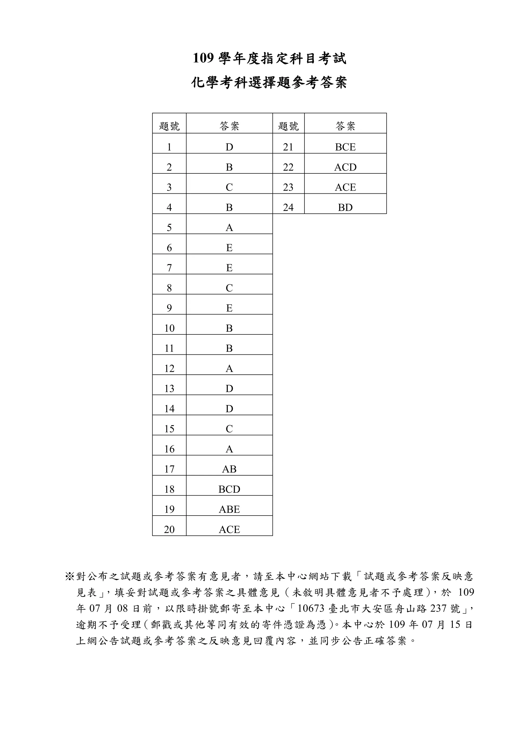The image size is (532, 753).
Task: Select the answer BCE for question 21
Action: [345, 147]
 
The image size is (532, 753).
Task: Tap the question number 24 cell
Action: [288, 207]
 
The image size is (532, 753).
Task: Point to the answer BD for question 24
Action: [345, 207]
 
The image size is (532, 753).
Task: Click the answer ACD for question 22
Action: [345, 167]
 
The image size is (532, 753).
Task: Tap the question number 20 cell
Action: [169, 529]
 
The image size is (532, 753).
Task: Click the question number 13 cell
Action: [169, 389]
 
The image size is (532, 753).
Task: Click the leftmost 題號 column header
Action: [169, 126]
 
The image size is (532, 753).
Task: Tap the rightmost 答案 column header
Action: [345, 126]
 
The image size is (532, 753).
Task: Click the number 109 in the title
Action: [203, 59]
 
